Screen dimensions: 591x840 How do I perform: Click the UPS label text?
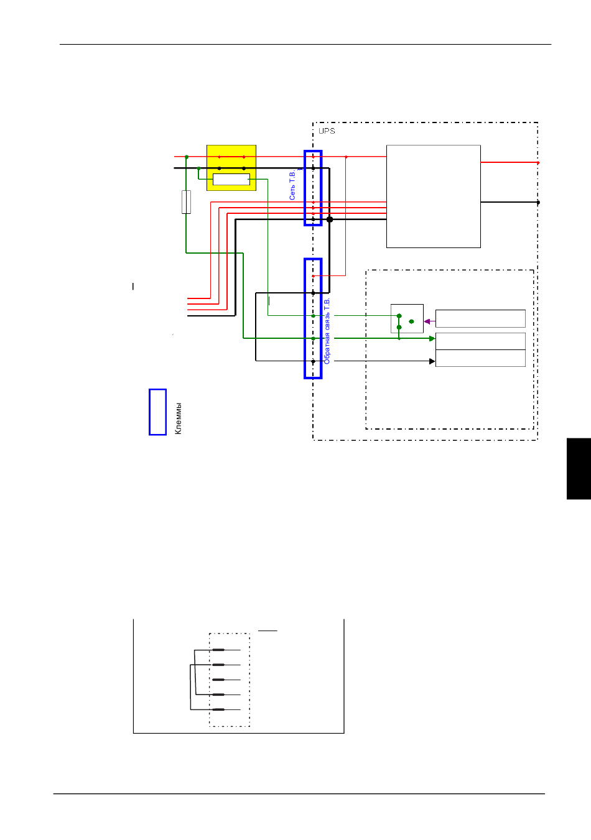click(x=327, y=131)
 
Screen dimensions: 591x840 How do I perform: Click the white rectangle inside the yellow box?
click(x=231, y=179)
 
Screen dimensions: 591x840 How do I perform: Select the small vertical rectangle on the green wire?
click(x=186, y=202)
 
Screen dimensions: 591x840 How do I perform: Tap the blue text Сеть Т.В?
click(x=292, y=185)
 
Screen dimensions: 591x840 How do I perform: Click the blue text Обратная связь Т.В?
click(x=327, y=331)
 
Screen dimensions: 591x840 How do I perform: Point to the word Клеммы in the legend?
click(x=179, y=418)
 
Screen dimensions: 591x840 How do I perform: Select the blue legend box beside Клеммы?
click(x=157, y=412)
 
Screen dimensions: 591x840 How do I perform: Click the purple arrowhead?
click(x=427, y=321)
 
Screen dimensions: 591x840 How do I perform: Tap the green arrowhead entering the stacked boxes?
click(x=432, y=338)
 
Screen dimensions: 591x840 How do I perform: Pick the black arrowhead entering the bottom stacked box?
click(x=432, y=361)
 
